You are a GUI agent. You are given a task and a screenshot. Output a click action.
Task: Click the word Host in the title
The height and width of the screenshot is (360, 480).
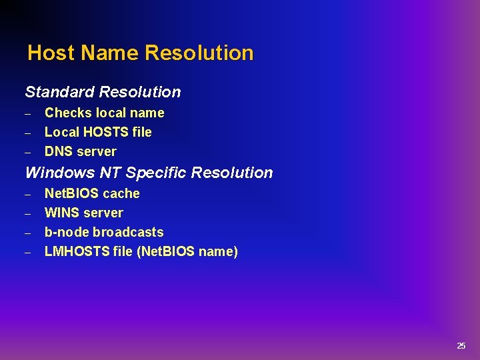(x=50, y=53)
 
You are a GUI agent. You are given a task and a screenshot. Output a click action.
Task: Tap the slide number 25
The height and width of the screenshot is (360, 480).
(x=461, y=345)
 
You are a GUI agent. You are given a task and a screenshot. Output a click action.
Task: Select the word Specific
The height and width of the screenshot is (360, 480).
(x=156, y=173)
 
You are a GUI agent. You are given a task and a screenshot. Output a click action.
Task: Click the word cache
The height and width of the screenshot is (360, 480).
(x=121, y=193)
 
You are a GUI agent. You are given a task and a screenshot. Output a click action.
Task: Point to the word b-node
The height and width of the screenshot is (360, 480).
(x=67, y=232)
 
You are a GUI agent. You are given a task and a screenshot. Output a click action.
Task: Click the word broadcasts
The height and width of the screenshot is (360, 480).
(x=128, y=232)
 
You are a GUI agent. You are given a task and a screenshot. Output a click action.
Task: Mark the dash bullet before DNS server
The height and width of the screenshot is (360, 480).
(x=29, y=152)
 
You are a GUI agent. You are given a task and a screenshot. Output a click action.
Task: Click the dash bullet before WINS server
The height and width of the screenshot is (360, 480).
(x=29, y=213)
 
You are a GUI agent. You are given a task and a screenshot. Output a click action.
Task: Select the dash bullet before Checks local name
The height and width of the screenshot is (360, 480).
(x=29, y=113)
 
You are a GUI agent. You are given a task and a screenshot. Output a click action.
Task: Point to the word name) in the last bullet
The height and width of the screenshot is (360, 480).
(x=219, y=251)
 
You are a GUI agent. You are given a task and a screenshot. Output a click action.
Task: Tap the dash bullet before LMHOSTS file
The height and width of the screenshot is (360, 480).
(x=29, y=252)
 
